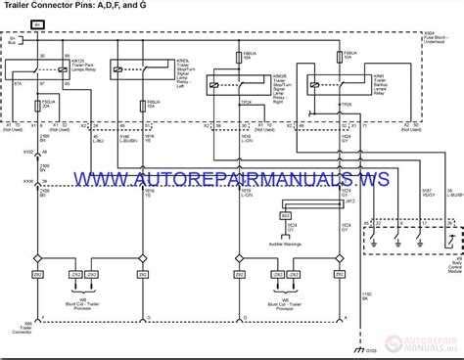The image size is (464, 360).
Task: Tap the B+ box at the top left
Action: click(x=36, y=22)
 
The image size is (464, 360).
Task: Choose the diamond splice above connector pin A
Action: click(x=40, y=258)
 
